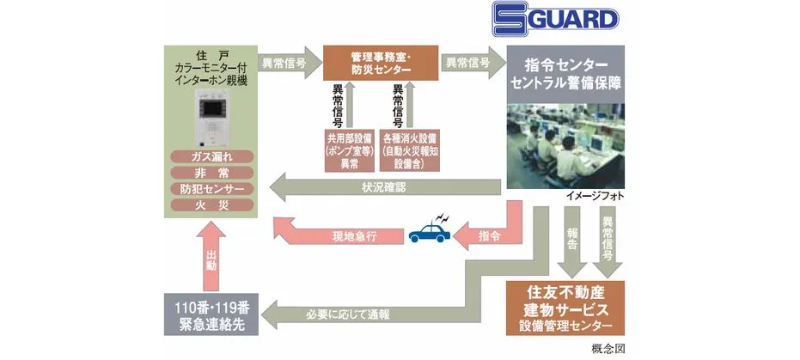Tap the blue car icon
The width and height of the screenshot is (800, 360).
click(426, 230)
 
